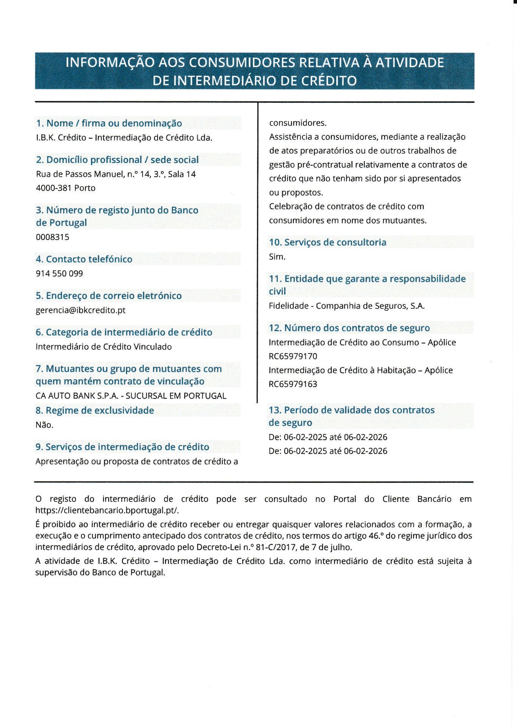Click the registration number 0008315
coord(53,237)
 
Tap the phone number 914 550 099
coord(59,273)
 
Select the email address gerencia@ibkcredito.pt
coord(80,310)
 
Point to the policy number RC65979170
coord(293,356)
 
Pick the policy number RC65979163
coord(293,384)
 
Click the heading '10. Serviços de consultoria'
coord(328,242)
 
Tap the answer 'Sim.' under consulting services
coord(277,257)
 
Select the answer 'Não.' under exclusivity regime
coord(44,425)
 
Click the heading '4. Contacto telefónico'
coord(84,259)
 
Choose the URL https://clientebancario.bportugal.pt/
coord(107,510)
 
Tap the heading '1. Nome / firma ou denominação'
coord(109,123)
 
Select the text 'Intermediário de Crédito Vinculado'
coord(104,347)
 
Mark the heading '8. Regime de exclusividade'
coord(94,410)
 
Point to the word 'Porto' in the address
coord(85,188)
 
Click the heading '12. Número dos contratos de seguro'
coord(349,328)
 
